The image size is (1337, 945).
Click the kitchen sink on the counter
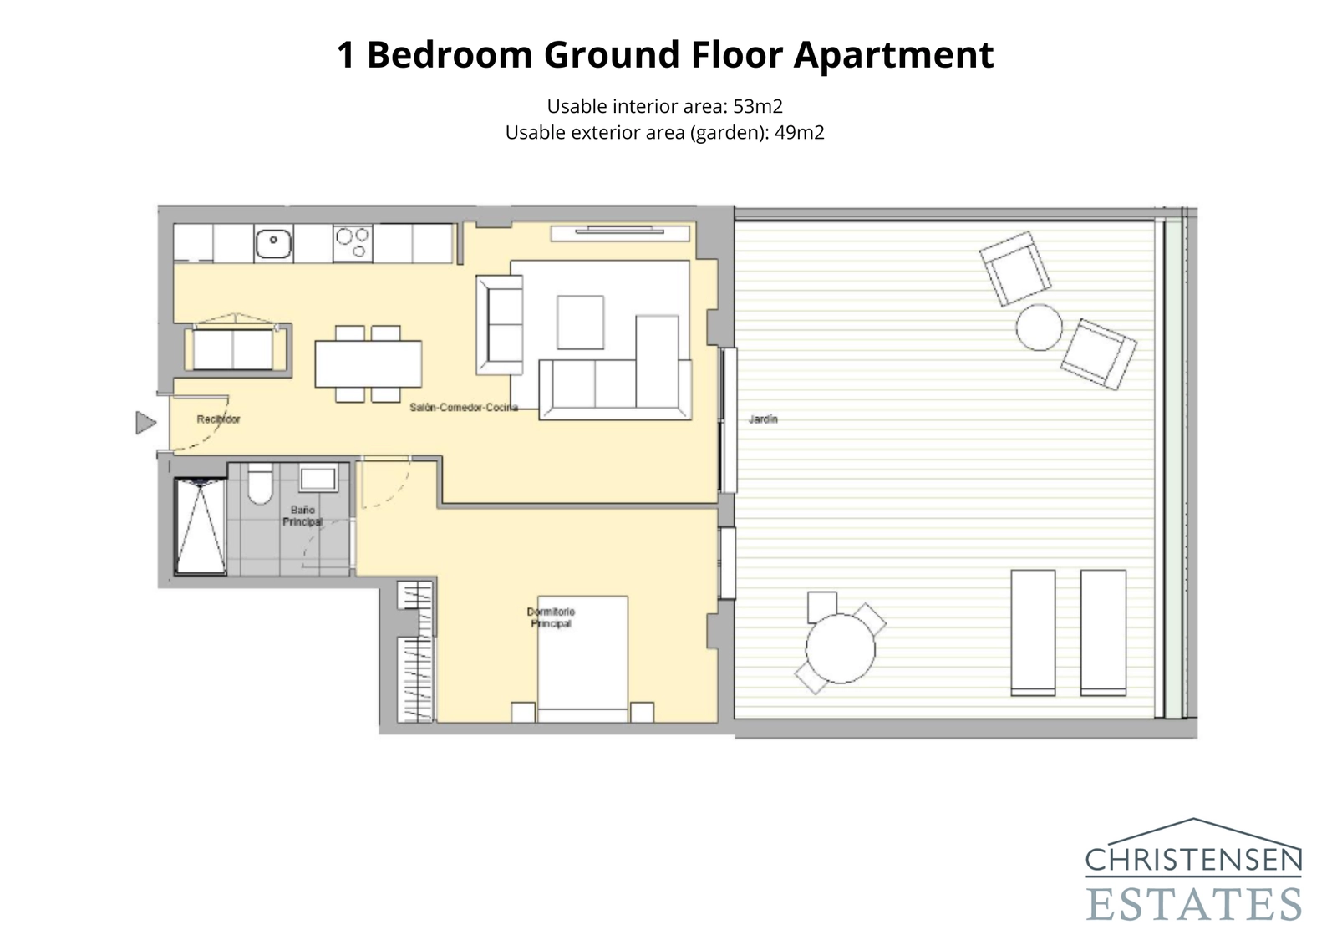(273, 243)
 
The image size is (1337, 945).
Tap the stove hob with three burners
(353, 243)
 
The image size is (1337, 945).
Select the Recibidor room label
(218, 419)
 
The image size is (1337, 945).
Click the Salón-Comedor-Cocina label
(464, 408)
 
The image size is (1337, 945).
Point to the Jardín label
(763, 419)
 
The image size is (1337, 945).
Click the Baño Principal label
(302, 516)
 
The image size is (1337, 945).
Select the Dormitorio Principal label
(551, 617)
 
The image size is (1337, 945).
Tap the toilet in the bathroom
(260, 484)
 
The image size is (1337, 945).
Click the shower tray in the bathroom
(201, 526)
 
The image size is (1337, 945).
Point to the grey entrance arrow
(145, 423)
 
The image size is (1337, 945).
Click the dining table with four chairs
(369, 364)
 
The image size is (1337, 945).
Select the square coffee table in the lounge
(580, 323)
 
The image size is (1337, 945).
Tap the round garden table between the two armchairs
(1039, 328)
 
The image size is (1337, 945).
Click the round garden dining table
(841, 648)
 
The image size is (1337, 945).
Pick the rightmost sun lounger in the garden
(1103, 633)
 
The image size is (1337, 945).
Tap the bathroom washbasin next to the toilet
(318, 480)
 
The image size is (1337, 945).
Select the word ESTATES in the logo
(1194, 905)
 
